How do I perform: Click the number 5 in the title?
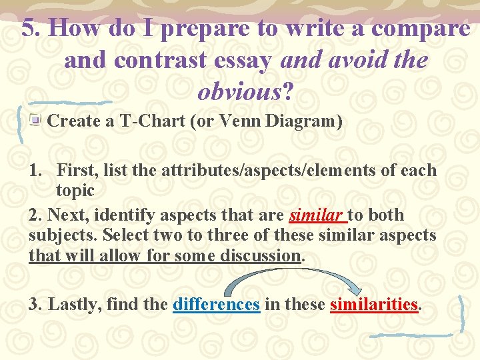click(28, 28)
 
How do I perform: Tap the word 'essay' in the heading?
click(241, 60)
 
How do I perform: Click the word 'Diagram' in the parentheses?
click(300, 121)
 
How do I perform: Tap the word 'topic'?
click(75, 190)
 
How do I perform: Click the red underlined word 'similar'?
click(317, 215)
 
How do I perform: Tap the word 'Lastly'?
click(72, 305)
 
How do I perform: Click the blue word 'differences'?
click(215, 305)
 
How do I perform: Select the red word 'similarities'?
click(373, 305)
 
